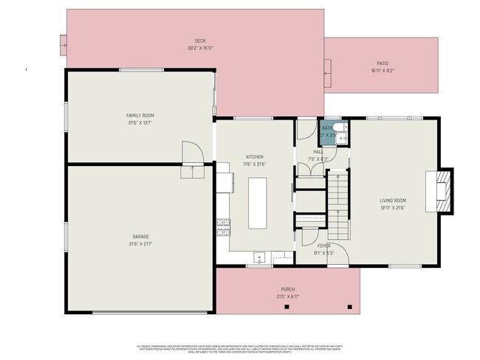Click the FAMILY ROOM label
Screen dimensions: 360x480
[140, 116]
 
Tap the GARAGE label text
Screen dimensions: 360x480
[140, 237]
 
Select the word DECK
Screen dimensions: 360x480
[199, 41]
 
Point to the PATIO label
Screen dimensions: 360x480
[383, 63]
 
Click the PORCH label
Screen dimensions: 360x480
[287, 289]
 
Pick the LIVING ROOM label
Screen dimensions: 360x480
[393, 201]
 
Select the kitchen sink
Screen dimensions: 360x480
[260, 258]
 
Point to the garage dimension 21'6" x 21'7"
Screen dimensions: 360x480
[140, 245]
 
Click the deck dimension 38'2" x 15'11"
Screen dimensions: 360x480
[199, 48]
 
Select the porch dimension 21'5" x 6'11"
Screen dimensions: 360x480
[287, 297]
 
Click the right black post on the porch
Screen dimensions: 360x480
[350, 306]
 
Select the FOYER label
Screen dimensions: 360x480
[324, 246]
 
